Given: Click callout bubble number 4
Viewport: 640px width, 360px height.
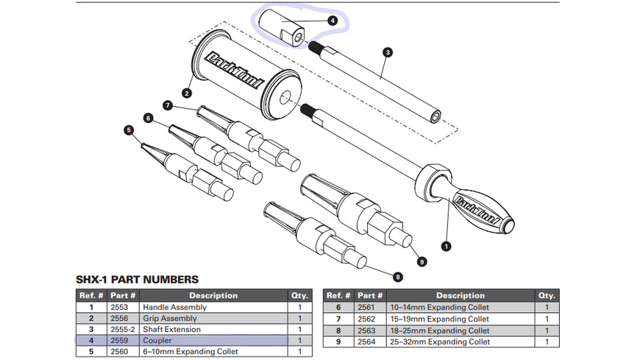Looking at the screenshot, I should [x=333, y=21].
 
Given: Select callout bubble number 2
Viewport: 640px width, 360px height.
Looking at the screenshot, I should [x=187, y=93].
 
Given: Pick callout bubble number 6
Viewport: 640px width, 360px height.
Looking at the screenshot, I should [x=148, y=118].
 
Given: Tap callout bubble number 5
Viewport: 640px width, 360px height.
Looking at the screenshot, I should [x=129, y=130].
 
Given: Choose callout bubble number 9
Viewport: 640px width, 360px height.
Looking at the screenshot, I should [x=422, y=260].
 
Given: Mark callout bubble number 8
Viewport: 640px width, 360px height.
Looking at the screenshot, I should [x=398, y=278].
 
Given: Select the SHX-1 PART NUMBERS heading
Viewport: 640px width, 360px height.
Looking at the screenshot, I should [x=137, y=280].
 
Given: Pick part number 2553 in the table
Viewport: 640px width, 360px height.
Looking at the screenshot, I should [x=119, y=307].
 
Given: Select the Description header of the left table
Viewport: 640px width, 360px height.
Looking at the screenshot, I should [x=213, y=295].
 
